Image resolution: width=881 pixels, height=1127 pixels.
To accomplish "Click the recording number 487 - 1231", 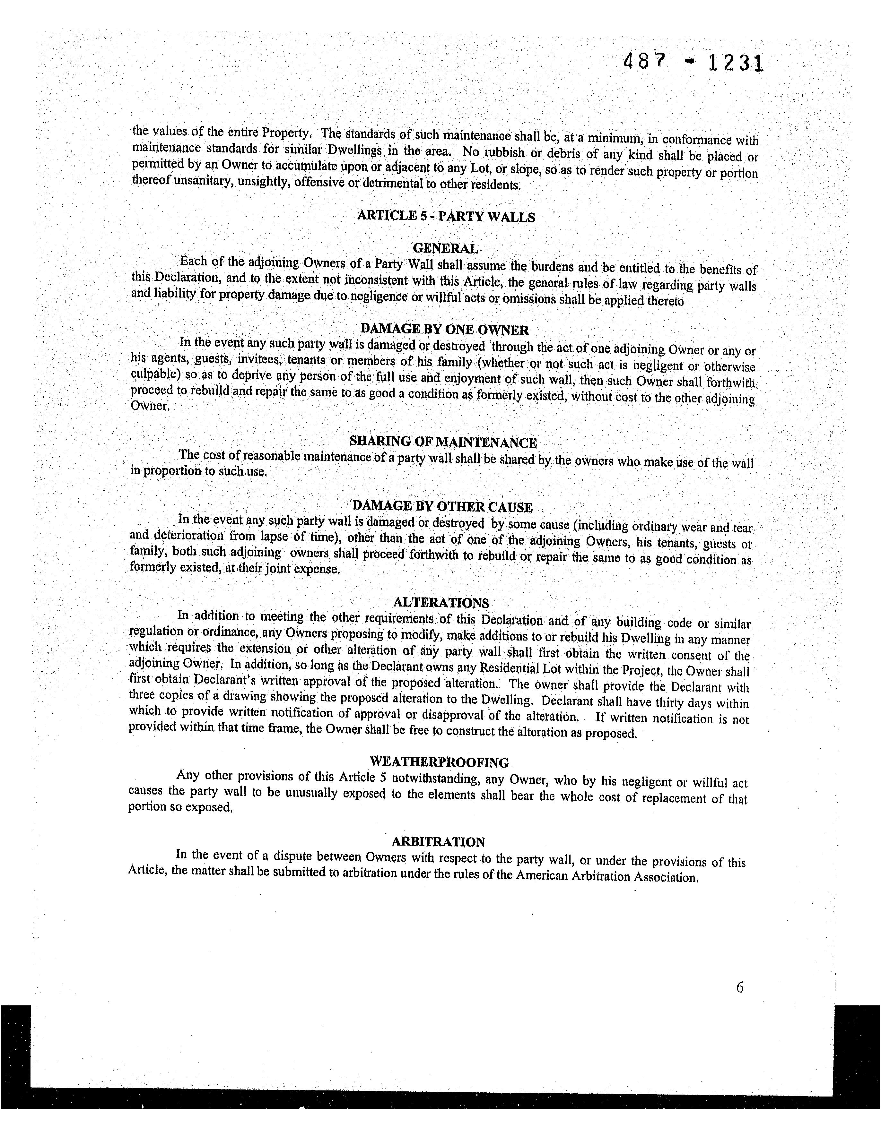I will pyautogui.click(x=693, y=64).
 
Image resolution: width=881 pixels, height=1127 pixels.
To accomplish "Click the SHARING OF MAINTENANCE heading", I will pyautogui.click(x=443, y=442).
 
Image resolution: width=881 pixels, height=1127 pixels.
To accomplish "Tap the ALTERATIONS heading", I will pyautogui.click(x=441, y=603).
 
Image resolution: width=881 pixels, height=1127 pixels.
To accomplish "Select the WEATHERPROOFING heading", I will pyautogui.click(x=440, y=762).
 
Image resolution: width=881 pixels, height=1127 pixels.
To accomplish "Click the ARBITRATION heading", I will pyautogui.click(x=438, y=842).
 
